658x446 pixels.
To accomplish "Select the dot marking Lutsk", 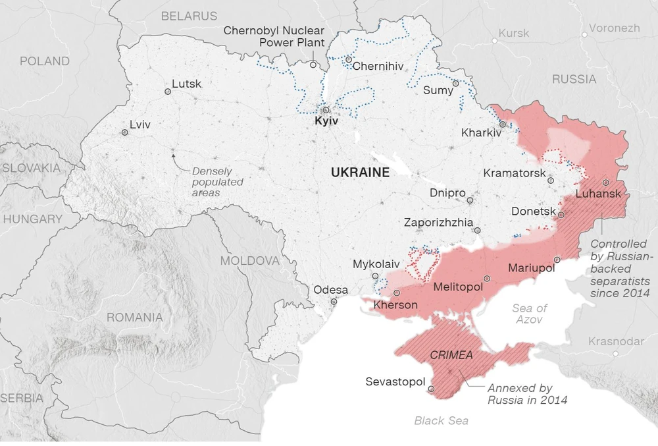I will (x=167, y=92).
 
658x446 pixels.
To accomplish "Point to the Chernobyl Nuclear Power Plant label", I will (x=274, y=36).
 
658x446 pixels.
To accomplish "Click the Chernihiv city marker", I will (x=349, y=59).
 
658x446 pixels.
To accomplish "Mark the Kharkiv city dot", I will (x=502, y=123).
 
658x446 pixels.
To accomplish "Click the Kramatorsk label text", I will (x=515, y=173).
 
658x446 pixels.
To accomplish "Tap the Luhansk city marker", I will (x=605, y=182).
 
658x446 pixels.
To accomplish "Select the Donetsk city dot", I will (x=561, y=214).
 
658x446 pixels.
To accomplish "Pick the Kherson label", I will (x=395, y=305).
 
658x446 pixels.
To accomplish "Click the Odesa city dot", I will (x=334, y=302).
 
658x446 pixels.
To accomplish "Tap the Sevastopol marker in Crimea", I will (x=431, y=389).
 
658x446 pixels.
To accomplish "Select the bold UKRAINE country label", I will (x=360, y=173).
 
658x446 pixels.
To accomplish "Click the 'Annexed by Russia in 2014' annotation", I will (x=526, y=394).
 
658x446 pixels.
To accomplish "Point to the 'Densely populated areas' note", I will (x=217, y=182).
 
